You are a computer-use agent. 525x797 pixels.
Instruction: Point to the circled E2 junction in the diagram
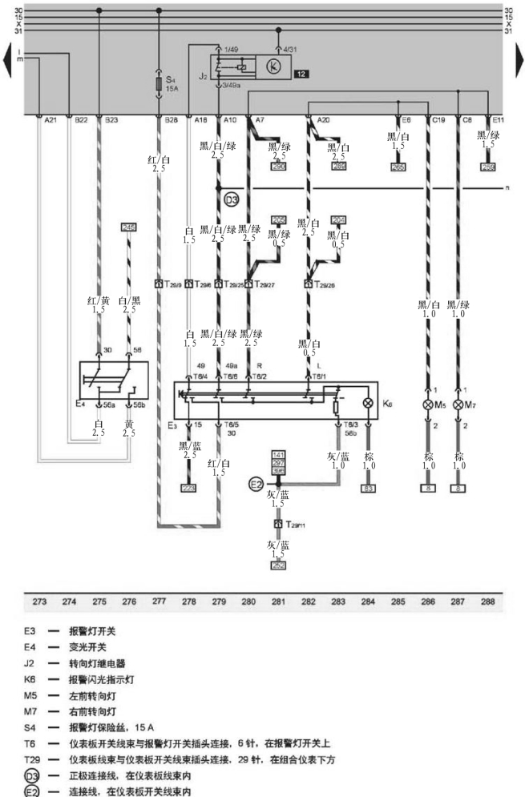pos(256,484)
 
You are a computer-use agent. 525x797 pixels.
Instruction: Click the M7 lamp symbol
pos(458,405)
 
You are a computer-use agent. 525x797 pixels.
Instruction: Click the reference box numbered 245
pos(129,228)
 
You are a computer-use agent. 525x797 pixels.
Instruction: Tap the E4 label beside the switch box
pos(80,404)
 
